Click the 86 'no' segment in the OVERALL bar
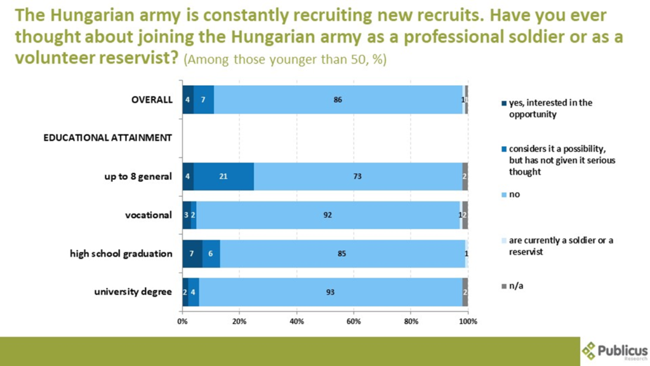pos(338,100)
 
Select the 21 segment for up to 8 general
pos(223,176)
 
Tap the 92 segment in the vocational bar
pos(328,215)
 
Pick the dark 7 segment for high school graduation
pos(192,254)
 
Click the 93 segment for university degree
pos(330,292)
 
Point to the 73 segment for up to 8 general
pos(357,176)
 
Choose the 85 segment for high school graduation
pos(342,254)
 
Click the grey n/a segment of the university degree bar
pos(465,292)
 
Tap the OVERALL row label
pos(152,100)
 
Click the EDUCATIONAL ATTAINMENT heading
pos(107,138)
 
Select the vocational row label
pos(149,215)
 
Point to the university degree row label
pos(133,292)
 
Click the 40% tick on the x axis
pos(296,322)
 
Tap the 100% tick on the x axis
pos(468,322)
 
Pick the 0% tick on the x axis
pos(182,322)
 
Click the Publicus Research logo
pos(614,351)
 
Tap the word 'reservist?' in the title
pos(137,58)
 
